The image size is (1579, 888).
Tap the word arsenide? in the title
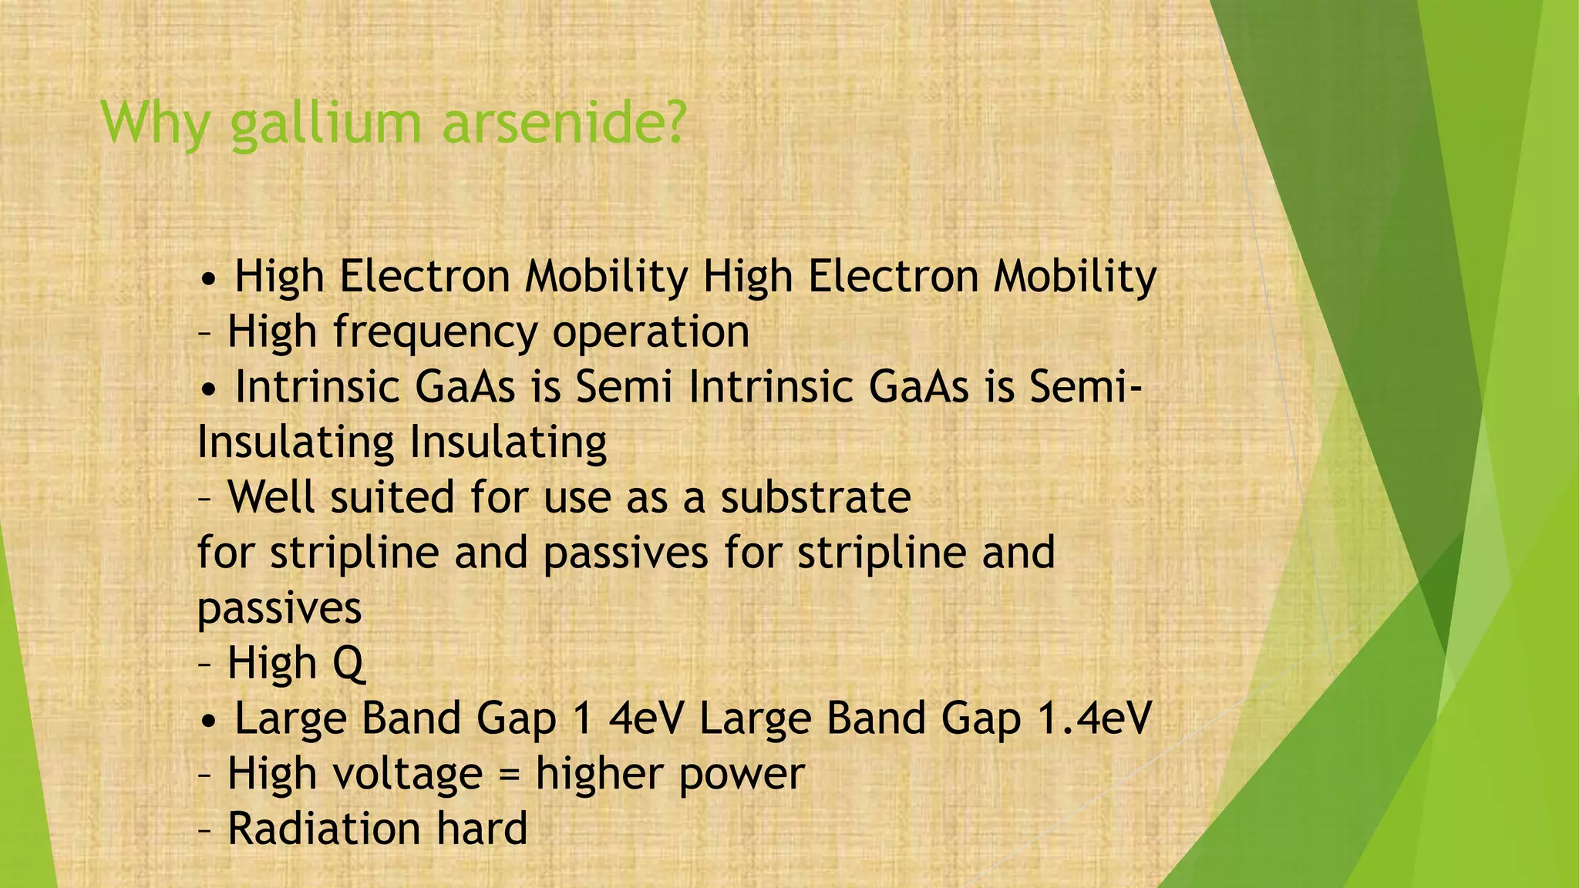(564, 123)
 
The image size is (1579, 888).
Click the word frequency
(435, 333)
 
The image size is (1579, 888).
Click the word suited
(392, 496)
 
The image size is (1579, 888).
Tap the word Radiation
(324, 829)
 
